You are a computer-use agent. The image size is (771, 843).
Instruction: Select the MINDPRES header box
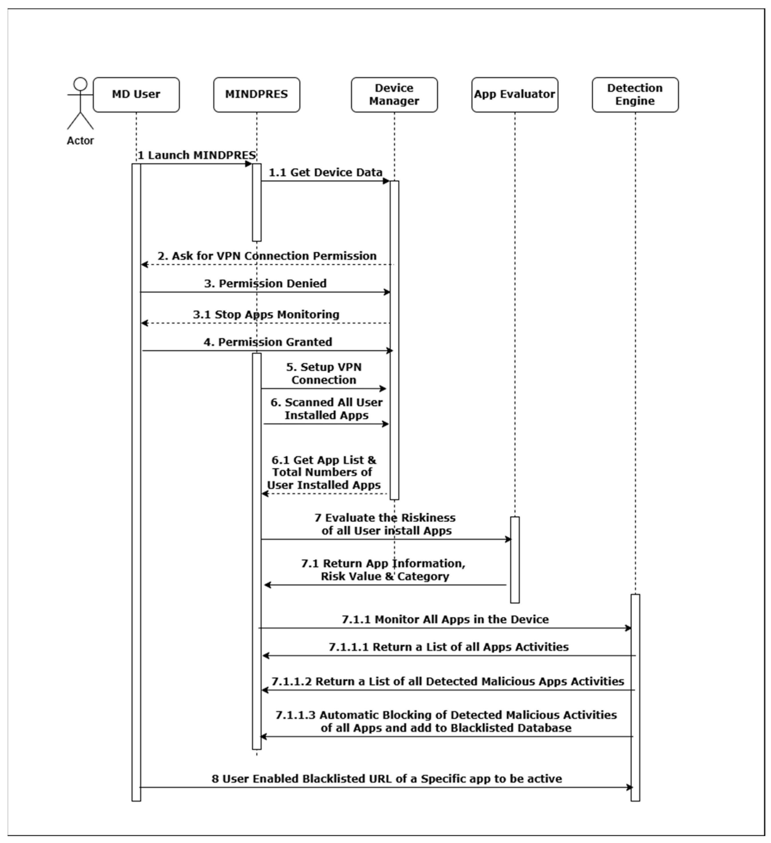(x=256, y=95)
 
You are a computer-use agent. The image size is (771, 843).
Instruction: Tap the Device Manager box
(x=394, y=95)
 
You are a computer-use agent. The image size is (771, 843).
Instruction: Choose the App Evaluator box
(x=514, y=95)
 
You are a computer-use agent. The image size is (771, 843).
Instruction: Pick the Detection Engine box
(x=635, y=95)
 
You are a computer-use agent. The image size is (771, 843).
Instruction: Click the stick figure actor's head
(x=80, y=84)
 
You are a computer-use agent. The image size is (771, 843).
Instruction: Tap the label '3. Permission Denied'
(x=265, y=283)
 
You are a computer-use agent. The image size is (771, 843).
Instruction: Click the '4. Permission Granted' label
(x=268, y=342)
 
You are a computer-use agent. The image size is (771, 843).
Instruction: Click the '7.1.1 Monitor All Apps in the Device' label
(x=445, y=619)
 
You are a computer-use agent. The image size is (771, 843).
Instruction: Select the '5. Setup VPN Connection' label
(x=324, y=373)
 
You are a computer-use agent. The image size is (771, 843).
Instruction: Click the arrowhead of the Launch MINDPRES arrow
(x=249, y=164)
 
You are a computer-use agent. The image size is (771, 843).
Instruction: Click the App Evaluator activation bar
(x=515, y=560)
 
